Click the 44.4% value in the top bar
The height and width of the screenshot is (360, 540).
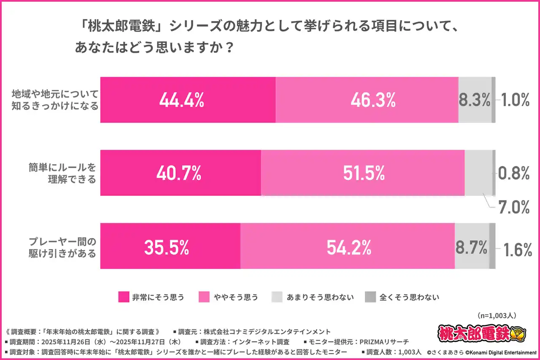tap(182, 100)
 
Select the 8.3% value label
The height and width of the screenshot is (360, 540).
tap(475, 100)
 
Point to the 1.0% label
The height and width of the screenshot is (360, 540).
tap(515, 100)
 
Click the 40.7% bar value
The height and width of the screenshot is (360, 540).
tap(179, 173)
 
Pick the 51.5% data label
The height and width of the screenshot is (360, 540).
tap(364, 173)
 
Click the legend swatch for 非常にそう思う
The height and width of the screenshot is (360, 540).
tap(124, 297)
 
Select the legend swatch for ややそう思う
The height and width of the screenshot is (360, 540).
tap(204, 297)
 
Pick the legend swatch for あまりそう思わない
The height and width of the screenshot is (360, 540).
tap(276, 297)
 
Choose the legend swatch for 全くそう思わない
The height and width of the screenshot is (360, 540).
tap(370, 297)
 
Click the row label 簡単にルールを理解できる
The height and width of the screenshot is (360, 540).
tap(62, 173)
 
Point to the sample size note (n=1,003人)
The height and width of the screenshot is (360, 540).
tap(497, 315)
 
